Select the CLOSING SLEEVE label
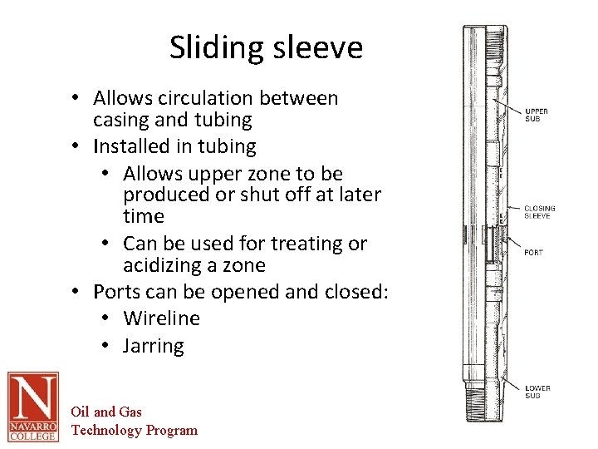pyautogui.click(x=539, y=212)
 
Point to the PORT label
pyautogui.click(x=533, y=252)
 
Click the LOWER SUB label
pyautogui.click(x=537, y=392)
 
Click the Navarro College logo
pyautogui.click(x=33, y=407)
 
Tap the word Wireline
pyautogui.click(x=161, y=318)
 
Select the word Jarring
pyautogui.click(x=153, y=346)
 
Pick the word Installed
pyautogui.click(x=132, y=146)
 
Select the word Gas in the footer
pyautogui.click(x=130, y=412)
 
